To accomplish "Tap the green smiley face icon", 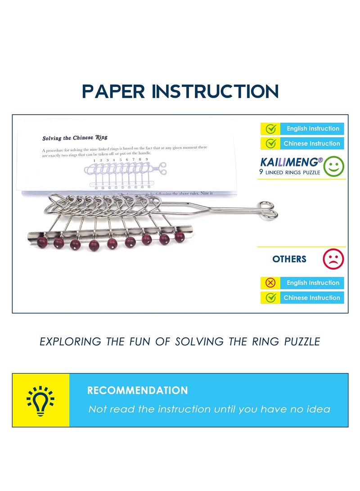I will pos(333,167).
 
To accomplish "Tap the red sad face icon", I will pos(333,259).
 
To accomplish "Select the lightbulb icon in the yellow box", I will pos(40,400).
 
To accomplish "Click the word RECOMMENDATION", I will pos(137,390).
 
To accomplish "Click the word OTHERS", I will pos(289,259).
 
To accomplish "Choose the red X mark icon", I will pos(270,283).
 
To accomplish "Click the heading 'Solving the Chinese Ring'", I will pos(75,138).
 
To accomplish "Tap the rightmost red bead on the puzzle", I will pos(180,237).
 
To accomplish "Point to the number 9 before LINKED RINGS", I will pos(261,172).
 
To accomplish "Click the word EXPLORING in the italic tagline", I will pos(69,342).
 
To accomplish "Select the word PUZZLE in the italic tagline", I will pos(302,342).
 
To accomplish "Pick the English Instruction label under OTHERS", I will pos(313,283).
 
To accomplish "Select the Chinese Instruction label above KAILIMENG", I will pos(311,144).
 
